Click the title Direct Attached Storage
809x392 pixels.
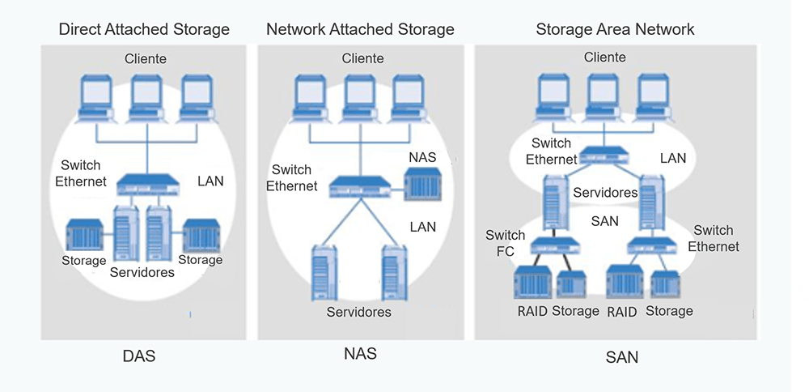click(x=144, y=30)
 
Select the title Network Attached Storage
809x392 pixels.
click(x=360, y=30)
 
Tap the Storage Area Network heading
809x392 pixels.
click(x=615, y=30)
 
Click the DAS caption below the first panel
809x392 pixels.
click(x=139, y=356)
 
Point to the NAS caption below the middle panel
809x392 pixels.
click(x=360, y=354)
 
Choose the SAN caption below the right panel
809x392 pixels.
click(x=621, y=356)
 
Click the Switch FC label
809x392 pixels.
click(x=505, y=243)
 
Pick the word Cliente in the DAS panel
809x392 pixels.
click(x=146, y=58)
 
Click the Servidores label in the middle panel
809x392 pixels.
click(x=358, y=312)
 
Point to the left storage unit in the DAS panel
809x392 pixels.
click(x=85, y=235)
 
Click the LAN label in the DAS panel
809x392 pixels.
click(x=210, y=181)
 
